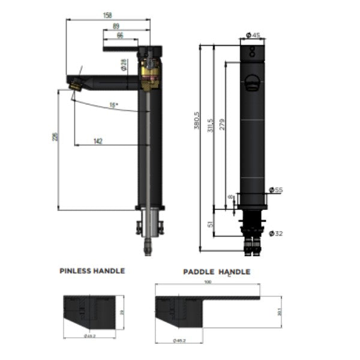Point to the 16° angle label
point(113,105)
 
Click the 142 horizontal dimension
point(98,141)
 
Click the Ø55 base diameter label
point(275,190)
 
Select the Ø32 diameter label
point(275,233)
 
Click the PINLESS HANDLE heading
point(92,271)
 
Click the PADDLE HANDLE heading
point(217,272)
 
